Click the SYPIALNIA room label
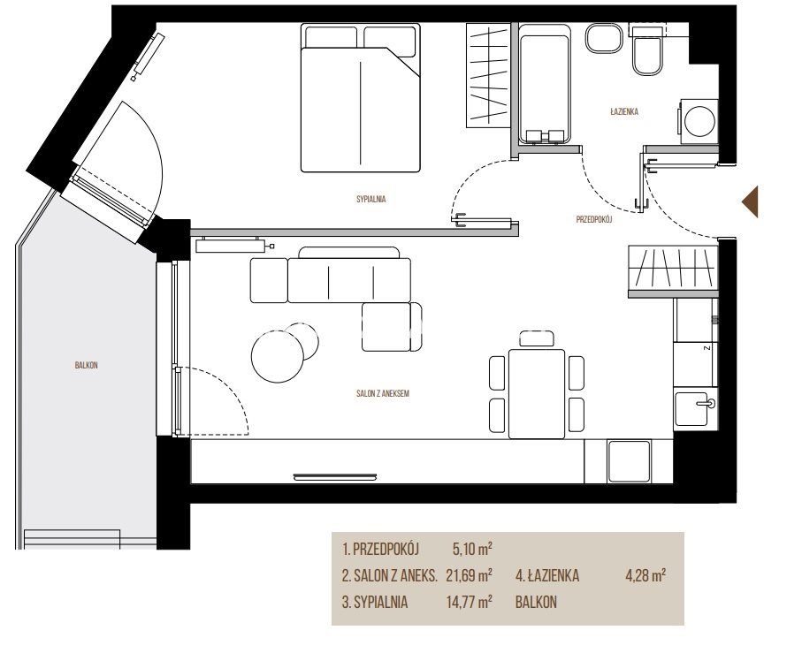point(370,200)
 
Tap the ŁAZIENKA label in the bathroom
point(624,111)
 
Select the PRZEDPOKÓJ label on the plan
point(594,220)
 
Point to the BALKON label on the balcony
point(86,365)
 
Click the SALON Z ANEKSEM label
point(383,394)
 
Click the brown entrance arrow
point(751,202)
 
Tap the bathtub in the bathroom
point(545,84)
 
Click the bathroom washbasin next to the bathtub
point(605,40)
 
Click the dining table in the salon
point(537,393)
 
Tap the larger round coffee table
point(278,356)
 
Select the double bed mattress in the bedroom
point(361,110)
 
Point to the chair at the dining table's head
point(537,338)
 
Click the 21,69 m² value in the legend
point(469,576)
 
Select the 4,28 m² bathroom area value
point(645,576)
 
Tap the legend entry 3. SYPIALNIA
point(375,603)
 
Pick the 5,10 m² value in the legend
point(472,550)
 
